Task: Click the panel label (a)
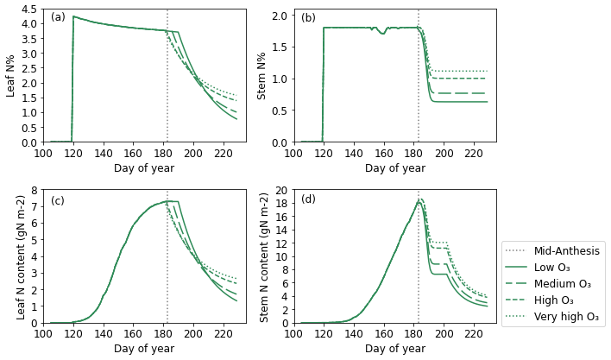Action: (x=59, y=16)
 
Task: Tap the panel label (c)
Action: (x=59, y=200)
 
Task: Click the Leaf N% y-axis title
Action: (x=12, y=75)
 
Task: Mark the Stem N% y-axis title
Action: (x=262, y=75)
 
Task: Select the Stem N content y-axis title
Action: (x=265, y=256)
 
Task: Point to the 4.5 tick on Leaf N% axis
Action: (x=28, y=9)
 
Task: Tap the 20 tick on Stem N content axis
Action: (x=279, y=190)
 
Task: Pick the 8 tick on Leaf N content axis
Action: (x=33, y=190)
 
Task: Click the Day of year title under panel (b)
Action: (x=395, y=167)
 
